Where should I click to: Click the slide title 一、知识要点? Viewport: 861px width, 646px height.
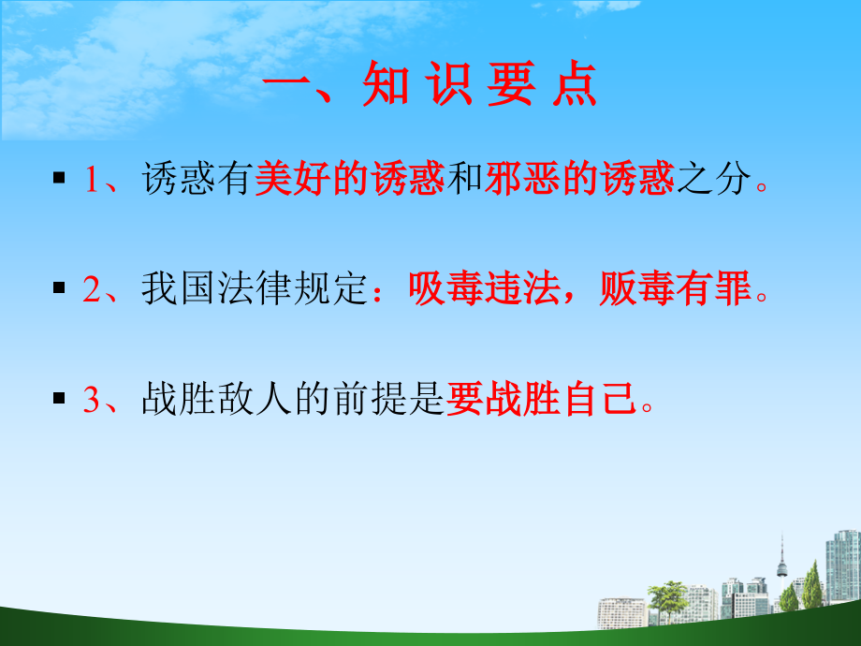[x=430, y=91]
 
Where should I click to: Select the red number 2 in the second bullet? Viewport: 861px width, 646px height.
[x=91, y=291]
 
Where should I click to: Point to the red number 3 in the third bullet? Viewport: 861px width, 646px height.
[x=91, y=401]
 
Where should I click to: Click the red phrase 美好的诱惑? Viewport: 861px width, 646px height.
[x=349, y=180]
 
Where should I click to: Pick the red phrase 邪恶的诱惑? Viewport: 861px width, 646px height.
[x=580, y=180]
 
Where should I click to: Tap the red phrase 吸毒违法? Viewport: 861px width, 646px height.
[x=465, y=290]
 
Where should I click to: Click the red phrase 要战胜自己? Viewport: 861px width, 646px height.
[x=543, y=401]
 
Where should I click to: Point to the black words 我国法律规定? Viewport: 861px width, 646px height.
[x=251, y=290]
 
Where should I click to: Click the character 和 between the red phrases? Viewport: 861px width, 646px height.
[x=465, y=180]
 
